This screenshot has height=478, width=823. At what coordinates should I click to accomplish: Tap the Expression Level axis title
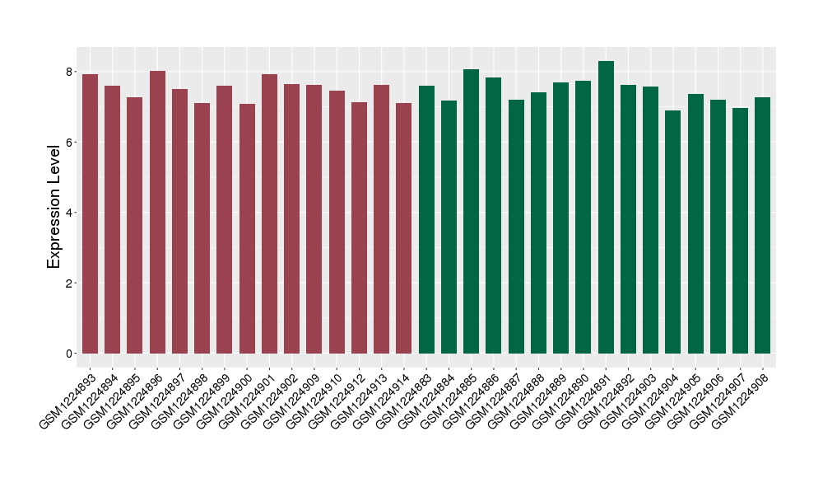(x=54, y=206)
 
